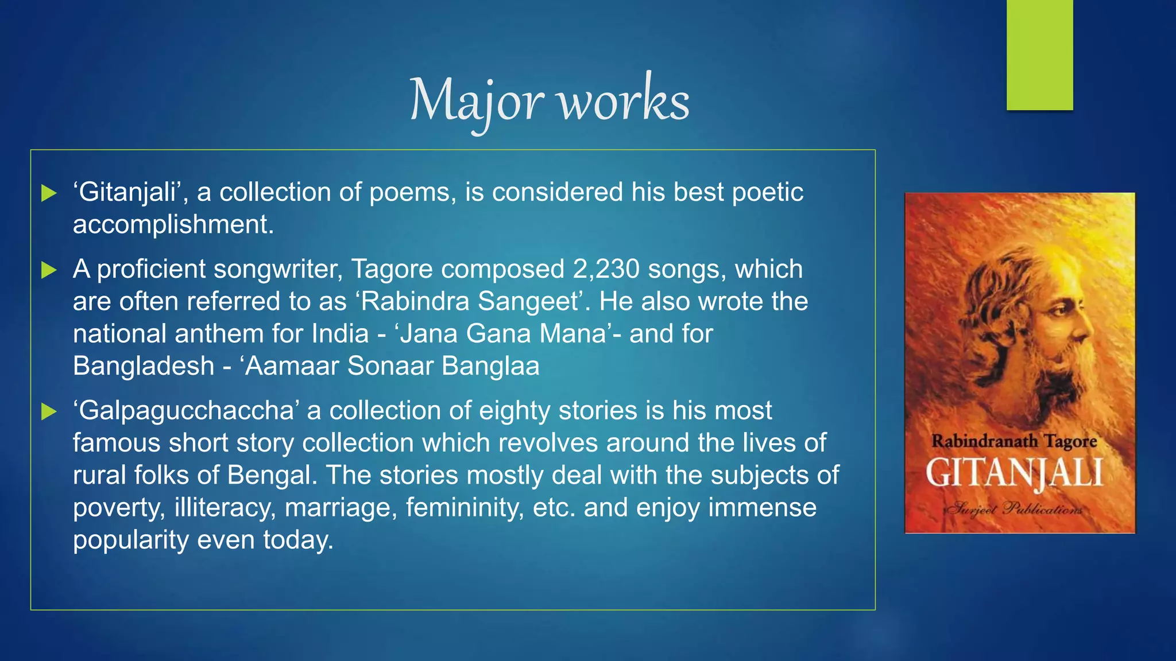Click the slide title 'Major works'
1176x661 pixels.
point(550,100)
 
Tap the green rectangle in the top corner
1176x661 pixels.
point(1039,55)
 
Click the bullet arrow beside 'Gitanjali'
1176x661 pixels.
point(49,193)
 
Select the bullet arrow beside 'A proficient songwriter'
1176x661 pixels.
point(49,270)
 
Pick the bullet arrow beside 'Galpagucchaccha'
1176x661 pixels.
point(49,411)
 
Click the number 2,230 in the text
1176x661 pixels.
point(606,269)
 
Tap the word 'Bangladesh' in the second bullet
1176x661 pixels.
point(144,366)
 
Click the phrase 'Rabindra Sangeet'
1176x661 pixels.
point(470,302)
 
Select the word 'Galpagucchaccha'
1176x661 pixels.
point(186,411)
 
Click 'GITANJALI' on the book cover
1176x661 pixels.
point(1014,474)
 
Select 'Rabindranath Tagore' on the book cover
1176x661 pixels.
point(1014,441)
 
